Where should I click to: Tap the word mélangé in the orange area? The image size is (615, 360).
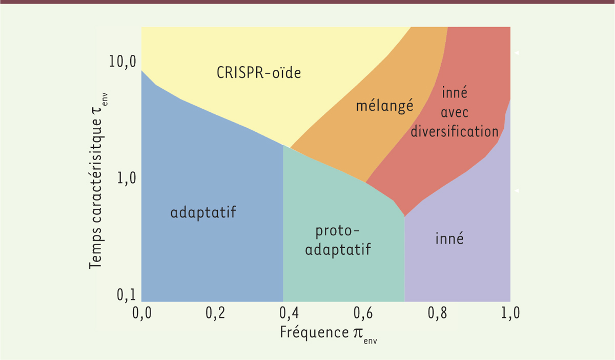(x=384, y=106)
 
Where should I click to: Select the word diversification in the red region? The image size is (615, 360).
(x=455, y=131)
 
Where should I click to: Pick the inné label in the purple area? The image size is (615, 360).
(x=449, y=238)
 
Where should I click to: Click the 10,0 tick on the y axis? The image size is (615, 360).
(x=121, y=62)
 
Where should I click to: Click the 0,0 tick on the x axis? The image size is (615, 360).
(x=140, y=313)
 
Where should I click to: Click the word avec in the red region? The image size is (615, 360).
(x=455, y=112)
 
